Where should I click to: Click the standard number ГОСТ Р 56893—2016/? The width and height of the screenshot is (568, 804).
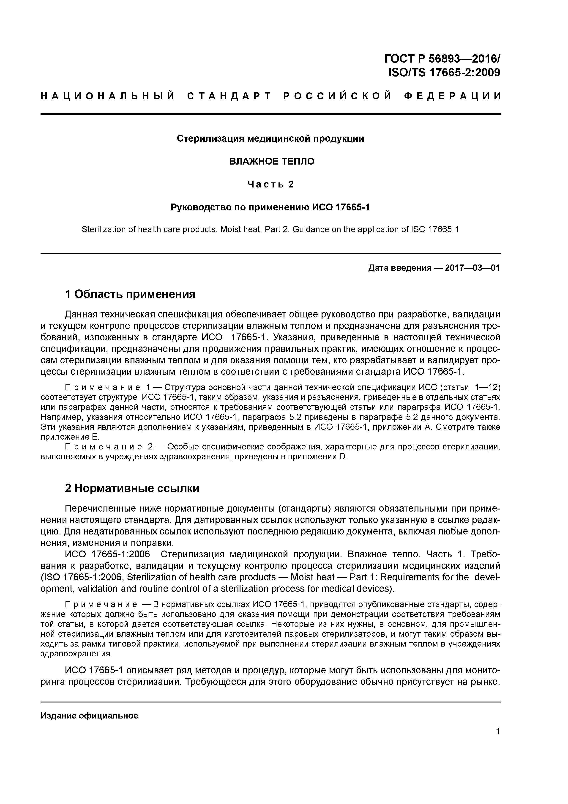(442, 58)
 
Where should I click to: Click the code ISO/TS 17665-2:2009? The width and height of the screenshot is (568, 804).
(444, 72)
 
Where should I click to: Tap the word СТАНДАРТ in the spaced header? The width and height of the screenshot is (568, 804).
(229, 96)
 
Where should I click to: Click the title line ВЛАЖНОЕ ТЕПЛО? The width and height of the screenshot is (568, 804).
(272, 161)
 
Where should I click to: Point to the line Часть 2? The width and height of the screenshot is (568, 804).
(270, 184)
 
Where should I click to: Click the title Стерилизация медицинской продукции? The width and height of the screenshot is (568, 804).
(270, 139)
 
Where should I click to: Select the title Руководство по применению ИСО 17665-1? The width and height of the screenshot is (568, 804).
(270, 208)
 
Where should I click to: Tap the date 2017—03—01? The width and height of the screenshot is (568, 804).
(472, 268)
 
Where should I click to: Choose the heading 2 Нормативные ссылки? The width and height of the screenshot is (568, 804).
(132, 488)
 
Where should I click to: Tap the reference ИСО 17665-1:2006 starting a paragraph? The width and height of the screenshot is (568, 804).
(107, 554)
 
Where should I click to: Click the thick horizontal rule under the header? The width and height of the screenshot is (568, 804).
(270, 114)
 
